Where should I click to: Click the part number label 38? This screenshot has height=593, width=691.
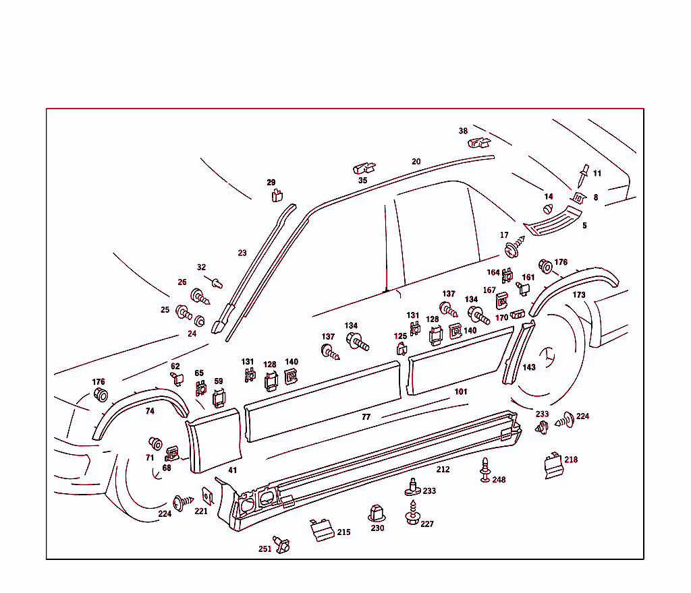point(463,131)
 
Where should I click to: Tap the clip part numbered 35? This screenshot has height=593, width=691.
point(364,167)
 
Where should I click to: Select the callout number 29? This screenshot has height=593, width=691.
point(271,183)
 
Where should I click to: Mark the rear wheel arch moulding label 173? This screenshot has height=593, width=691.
point(579,295)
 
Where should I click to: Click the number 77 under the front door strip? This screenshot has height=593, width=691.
point(366,417)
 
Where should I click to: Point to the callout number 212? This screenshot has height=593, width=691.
point(443,470)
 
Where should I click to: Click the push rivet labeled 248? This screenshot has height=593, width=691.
point(485,469)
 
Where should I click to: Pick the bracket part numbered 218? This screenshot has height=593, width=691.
point(553,466)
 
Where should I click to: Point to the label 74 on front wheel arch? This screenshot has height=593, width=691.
point(150,411)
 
